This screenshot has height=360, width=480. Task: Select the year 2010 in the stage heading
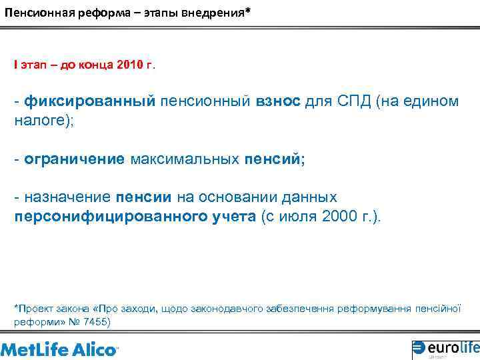[x=130, y=65]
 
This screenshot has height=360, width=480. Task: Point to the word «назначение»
[x=67, y=198]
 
